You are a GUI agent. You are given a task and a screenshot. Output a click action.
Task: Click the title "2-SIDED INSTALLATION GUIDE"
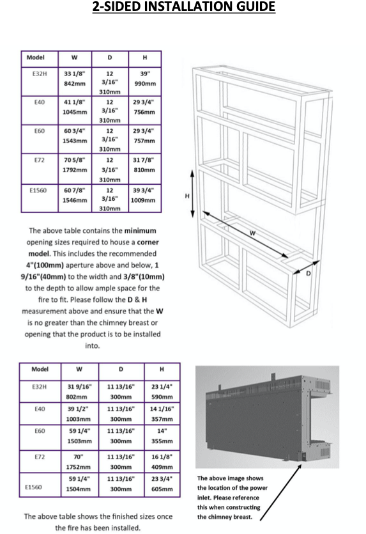[184, 6]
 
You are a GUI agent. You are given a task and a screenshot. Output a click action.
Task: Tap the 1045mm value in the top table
[75, 112]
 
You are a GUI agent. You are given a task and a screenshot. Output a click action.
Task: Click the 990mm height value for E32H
[145, 83]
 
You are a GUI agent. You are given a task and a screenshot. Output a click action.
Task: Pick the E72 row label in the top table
[40, 160]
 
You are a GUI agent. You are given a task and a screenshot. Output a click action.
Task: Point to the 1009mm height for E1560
[143, 200]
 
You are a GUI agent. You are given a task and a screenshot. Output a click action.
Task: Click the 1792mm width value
[75, 170]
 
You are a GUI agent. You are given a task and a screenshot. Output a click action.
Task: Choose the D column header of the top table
[109, 58]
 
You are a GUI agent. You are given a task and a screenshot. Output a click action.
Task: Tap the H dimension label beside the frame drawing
[187, 196]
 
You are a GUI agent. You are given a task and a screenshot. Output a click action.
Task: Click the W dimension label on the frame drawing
[252, 233]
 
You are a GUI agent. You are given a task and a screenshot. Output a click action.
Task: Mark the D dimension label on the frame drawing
[309, 273]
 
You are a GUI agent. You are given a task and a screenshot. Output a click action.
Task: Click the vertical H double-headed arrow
[192, 193]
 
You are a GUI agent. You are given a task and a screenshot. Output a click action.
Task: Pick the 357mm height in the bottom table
[162, 419]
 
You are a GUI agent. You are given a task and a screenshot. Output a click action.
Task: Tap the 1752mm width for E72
[78, 467]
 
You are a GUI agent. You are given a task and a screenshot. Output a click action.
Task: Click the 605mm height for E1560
[162, 489]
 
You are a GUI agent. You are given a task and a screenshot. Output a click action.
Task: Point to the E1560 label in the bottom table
[33, 487]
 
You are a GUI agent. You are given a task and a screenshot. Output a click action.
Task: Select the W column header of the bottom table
[79, 369]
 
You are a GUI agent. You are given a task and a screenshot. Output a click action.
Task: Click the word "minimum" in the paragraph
[140, 231]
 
